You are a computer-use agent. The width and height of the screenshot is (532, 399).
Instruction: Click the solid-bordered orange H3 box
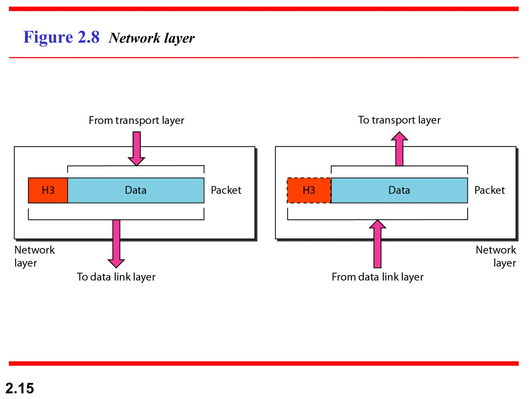click(48, 190)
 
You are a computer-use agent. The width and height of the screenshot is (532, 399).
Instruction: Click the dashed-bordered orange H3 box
click(309, 190)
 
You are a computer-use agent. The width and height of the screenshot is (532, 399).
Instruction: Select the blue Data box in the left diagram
click(136, 190)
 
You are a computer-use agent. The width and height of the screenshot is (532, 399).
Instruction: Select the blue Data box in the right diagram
click(399, 190)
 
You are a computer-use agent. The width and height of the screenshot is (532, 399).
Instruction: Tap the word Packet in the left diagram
click(226, 190)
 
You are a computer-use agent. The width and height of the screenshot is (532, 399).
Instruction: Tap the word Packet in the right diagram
click(489, 190)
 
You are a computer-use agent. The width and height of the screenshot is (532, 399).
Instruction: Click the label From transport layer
click(136, 121)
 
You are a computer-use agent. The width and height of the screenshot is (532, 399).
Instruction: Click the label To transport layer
click(399, 120)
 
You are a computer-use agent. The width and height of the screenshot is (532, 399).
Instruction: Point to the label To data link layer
click(116, 277)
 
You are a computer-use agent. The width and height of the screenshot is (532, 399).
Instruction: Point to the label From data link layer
click(377, 277)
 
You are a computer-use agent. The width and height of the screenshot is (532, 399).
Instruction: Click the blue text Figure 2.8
click(61, 37)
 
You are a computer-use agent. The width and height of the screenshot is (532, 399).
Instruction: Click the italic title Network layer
click(151, 38)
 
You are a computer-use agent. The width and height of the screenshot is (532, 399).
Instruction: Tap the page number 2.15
click(20, 388)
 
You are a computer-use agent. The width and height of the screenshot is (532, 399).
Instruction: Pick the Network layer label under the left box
click(34, 256)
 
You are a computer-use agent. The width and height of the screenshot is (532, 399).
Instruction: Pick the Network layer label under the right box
click(496, 256)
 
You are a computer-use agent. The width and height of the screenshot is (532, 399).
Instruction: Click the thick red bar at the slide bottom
click(264, 363)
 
